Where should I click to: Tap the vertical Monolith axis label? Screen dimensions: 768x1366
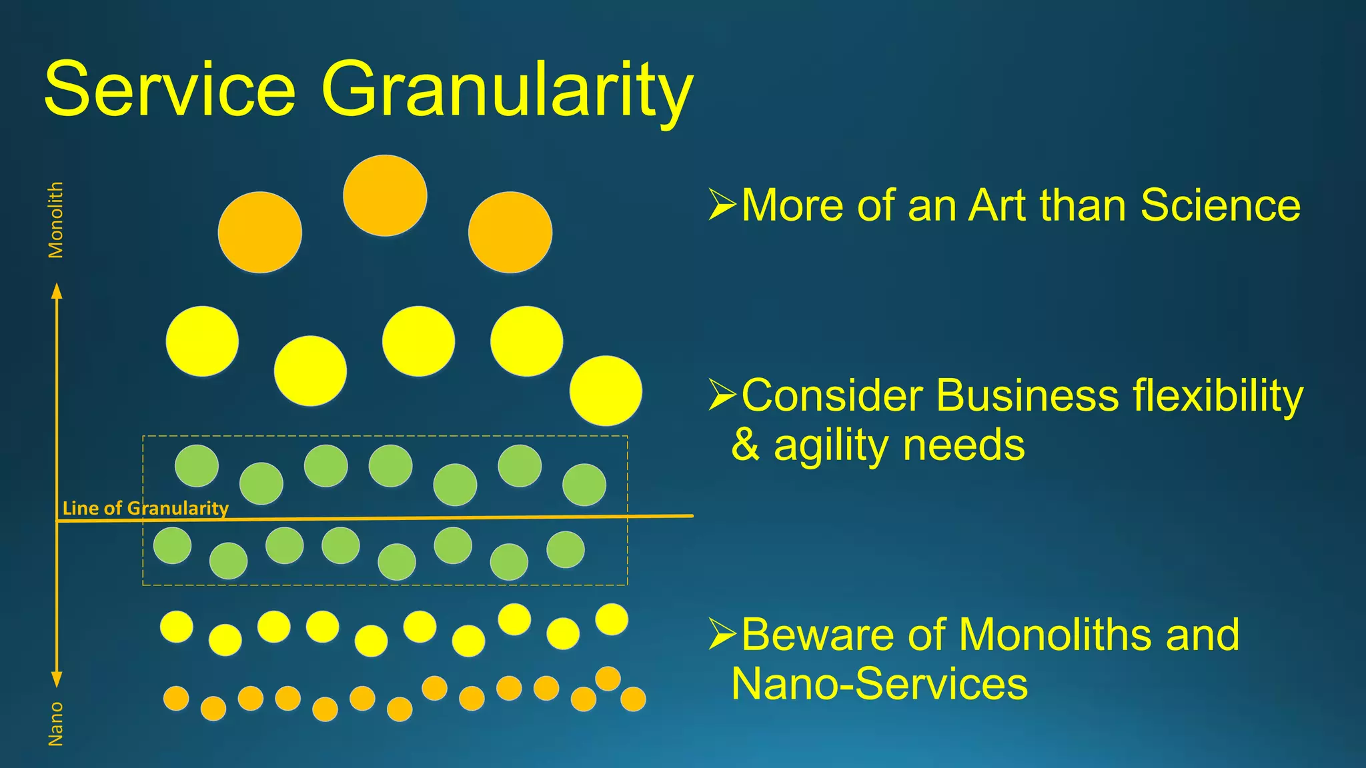[x=56, y=220]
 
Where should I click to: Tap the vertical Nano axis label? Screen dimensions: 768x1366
[x=56, y=723]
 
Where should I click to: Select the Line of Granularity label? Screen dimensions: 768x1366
[x=145, y=508]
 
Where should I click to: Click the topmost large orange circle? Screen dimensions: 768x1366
[x=385, y=195]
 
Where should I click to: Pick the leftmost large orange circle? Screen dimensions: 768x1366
[x=259, y=232]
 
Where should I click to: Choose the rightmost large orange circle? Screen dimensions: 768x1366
[x=510, y=232]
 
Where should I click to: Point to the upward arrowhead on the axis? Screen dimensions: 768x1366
[x=57, y=291]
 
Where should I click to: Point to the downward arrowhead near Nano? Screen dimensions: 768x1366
[x=57, y=679]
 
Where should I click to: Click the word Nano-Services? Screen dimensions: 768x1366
[x=879, y=684]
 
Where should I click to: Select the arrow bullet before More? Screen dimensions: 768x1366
[x=722, y=205]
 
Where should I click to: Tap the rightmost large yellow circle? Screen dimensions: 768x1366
[x=606, y=391]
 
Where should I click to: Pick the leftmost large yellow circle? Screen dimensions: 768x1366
[x=202, y=341]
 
